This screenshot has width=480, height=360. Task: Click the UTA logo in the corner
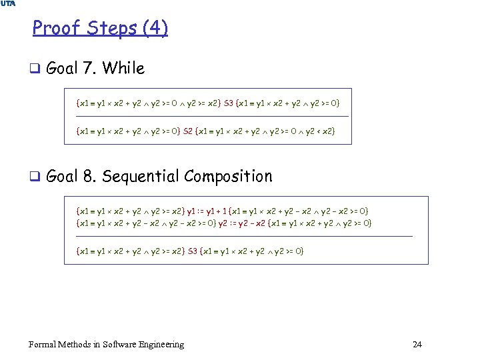click(8, 4)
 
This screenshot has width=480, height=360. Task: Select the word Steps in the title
click(108, 29)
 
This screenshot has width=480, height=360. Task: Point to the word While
click(123, 68)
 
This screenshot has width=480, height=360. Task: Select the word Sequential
click(141, 177)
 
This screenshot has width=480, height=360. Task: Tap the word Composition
click(229, 177)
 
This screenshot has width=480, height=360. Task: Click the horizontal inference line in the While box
click(213, 117)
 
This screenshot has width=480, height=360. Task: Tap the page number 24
click(417, 345)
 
